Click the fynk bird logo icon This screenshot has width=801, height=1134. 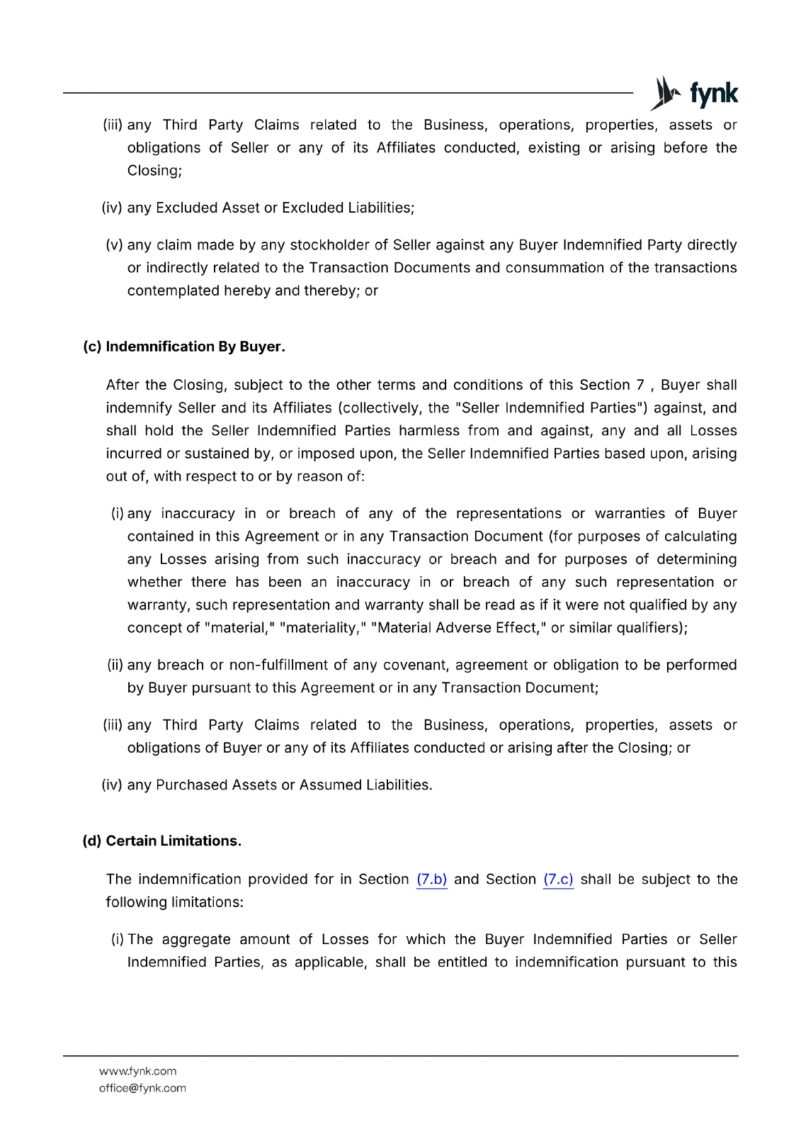pyautogui.click(x=664, y=94)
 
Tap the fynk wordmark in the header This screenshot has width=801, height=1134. pyautogui.click(x=713, y=94)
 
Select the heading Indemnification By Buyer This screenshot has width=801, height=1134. pyautogui.click(x=195, y=347)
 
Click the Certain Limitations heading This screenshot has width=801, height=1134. pyautogui.click(x=174, y=841)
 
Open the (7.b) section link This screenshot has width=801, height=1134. pyautogui.click(x=431, y=880)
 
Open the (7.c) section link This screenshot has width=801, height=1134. pyautogui.click(x=558, y=880)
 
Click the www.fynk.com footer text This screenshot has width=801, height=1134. pyautogui.click(x=137, y=1071)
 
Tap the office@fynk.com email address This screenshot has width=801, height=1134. pyautogui.click(x=142, y=1088)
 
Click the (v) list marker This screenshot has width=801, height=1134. pyautogui.click(x=114, y=245)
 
